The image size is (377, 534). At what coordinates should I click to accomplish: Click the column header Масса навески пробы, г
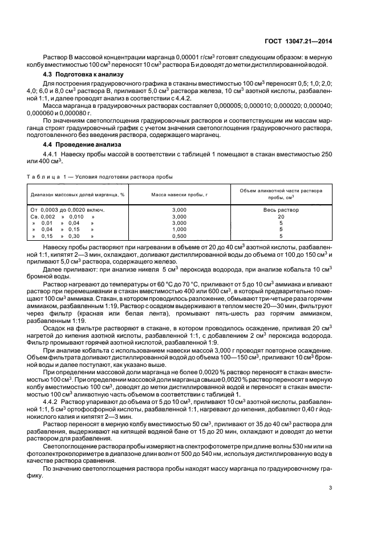point(179,195)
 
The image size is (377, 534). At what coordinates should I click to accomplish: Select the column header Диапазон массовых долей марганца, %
point(78,195)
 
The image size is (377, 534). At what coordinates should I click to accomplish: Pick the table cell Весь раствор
point(281,210)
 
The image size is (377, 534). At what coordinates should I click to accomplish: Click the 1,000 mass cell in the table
point(179,229)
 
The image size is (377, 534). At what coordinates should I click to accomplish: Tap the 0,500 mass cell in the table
point(179,236)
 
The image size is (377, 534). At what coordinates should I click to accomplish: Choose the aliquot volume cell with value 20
point(281,217)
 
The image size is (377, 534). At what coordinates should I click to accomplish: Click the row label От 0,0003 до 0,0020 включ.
point(67,210)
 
